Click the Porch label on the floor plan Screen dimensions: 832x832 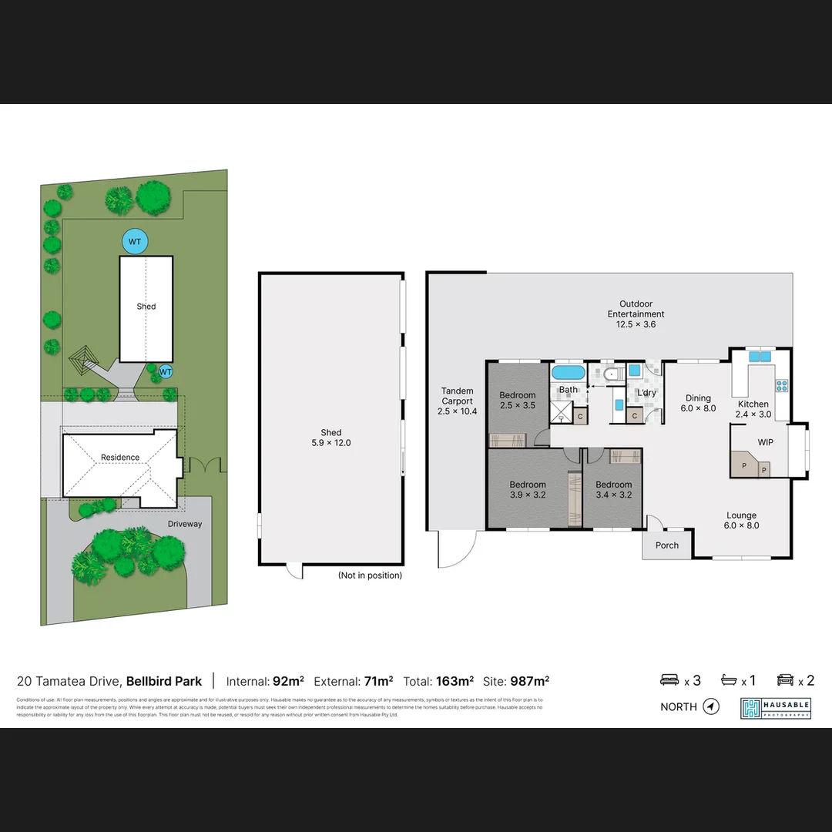click(667, 545)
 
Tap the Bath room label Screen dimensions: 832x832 click(569, 390)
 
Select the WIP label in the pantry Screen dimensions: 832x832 click(765, 443)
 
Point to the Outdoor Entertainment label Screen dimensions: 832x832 click(636, 309)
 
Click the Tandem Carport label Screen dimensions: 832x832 click(457, 396)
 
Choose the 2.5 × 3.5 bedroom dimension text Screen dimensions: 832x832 click(517, 405)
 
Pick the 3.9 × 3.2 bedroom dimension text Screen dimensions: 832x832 click(528, 495)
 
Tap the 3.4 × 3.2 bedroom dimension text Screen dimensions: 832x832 click(613, 495)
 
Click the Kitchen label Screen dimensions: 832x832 click(753, 404)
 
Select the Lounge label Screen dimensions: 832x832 click(741, 515)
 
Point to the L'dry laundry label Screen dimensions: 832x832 click(646, 393)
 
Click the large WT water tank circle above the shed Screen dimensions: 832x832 click(135, 242)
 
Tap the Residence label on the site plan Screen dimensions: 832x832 click(120, 458)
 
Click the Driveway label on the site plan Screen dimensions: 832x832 click(184, 524)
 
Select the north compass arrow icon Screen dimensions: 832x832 click(711, 706)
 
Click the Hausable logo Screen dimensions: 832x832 click(776, 708)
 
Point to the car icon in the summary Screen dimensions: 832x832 click(786, 680)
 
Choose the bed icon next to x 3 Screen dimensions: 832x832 click(669, 680)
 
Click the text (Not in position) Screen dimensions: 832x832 click(370, 575)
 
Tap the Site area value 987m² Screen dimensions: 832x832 click(529, 681)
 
